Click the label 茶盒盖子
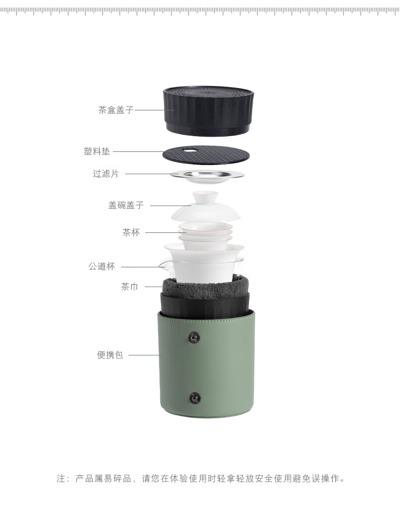(116, 110)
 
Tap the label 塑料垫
(97, 151)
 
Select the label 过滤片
(106, 174)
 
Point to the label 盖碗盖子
(126, 205)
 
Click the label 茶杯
(131, 232)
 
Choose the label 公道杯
(102, 266)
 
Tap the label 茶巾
(130, 287)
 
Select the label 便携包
(110, 355)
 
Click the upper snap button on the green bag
(194, 337)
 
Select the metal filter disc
(207, 176)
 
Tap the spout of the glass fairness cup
(162, 266)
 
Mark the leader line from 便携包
(145, 355)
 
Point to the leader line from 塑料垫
(138, 152)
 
